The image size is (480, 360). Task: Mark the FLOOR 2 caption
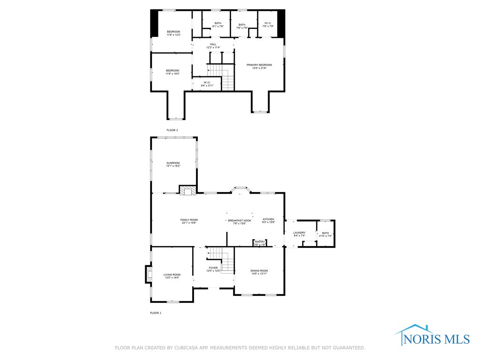pos(172,130)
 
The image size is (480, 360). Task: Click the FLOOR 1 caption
pos(155,313)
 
